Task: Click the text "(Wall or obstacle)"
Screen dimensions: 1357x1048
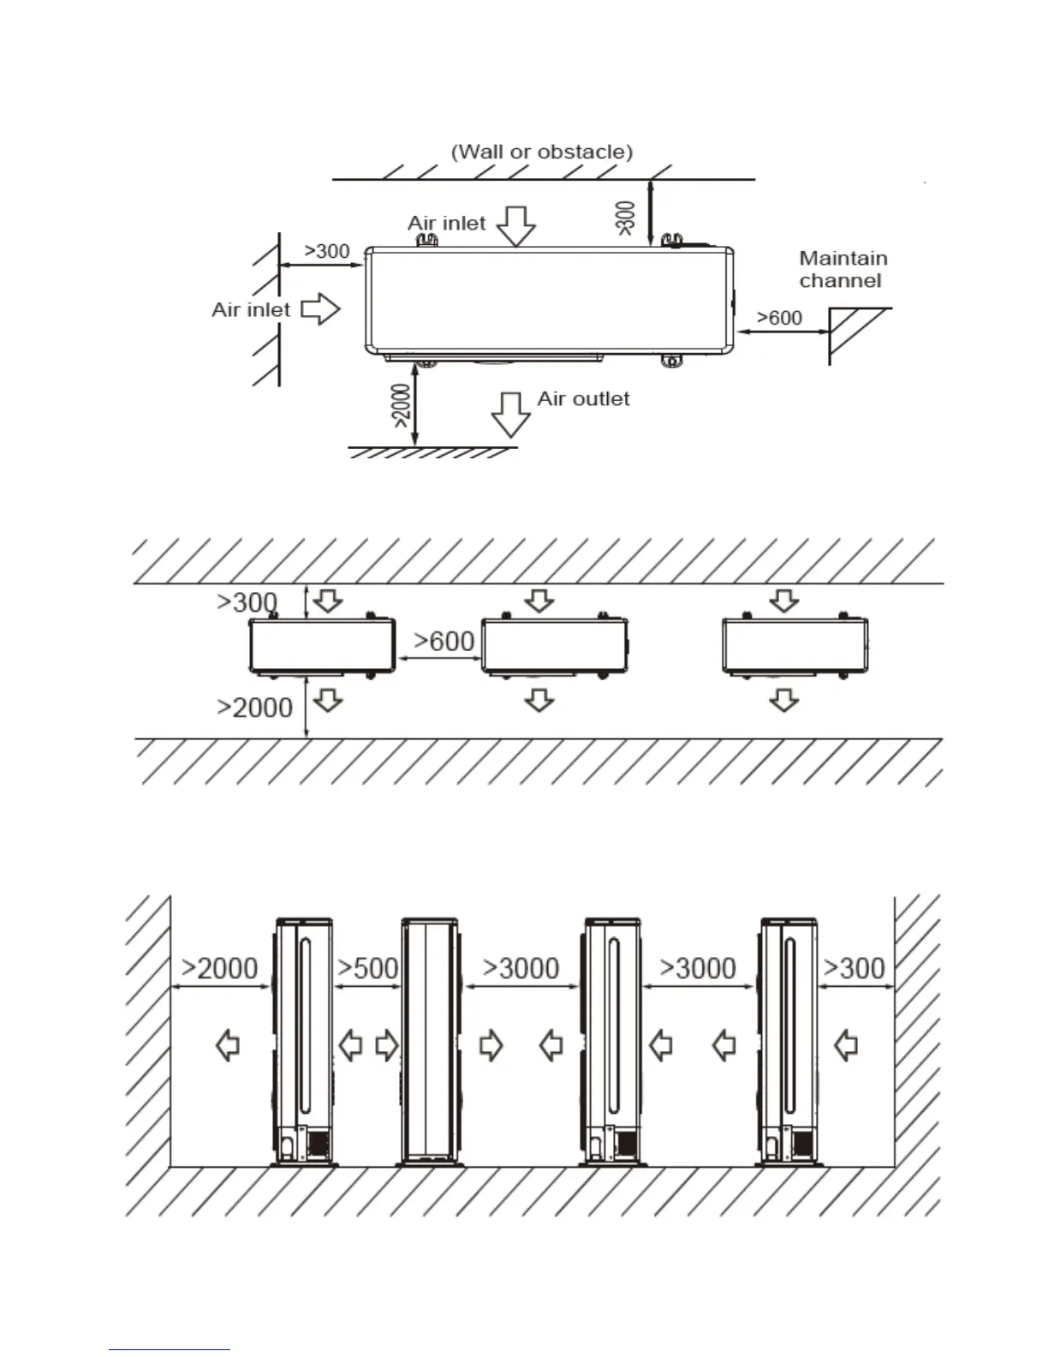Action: coord(542,152)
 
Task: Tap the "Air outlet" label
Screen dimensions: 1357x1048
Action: coord(583,399)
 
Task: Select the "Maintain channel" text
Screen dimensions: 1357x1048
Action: coord(843,269)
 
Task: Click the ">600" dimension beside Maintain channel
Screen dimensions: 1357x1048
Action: coord(779,318)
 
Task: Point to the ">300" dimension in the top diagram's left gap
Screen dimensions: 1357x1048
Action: coord(327,251)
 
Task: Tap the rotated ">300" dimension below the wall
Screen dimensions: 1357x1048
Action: coord(626,218)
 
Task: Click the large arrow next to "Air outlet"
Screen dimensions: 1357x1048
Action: coord(510,415)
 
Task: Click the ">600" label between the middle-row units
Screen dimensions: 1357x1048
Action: coord(444,641)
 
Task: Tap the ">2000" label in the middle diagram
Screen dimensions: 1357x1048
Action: coord(255,708)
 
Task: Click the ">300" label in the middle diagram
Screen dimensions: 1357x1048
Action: coord(247,602)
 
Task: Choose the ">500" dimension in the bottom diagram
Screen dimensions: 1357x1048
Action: coord(368,968)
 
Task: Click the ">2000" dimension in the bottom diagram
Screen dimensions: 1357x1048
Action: coord(220,968)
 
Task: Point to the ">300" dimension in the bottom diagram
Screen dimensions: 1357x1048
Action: coord(854,968)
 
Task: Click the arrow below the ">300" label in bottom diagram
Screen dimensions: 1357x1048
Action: coord(846,1045)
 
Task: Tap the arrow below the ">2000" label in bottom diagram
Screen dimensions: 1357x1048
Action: coord(228,1045)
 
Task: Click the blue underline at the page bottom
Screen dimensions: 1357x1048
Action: coord(170,1350)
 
